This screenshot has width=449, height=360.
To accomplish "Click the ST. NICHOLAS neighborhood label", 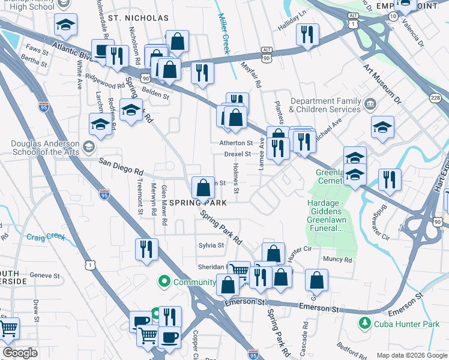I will pyautogui.click(x=138, y=18).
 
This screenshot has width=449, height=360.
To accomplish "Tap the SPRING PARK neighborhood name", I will pyautogui.click(x=197, y=203).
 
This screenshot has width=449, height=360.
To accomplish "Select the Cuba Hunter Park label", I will pyautogui.click(x=405, y=324).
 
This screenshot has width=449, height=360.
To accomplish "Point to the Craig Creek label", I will pyautogui.click(x=46, y=236).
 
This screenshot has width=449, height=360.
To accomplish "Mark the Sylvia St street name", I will pyautogui.click(x=211, y=245).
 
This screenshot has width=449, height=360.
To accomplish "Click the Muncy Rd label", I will pyautogui.click(x=337, y=260).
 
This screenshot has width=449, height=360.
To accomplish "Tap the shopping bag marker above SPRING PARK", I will pyautogui.click(x=203, y=187).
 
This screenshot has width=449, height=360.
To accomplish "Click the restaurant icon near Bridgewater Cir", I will pyautogui.click(x=390, y=179).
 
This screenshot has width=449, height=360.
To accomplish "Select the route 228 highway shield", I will pyautogui.click(x=436, y=97).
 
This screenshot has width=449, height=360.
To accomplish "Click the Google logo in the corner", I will pyautogui.click(x=20, y=353).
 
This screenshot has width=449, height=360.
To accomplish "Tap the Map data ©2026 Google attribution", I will pyautogui.click(x=411, y=355).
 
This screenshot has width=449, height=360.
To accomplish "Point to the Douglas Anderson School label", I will pyautogui.click(x=46, y=148).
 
